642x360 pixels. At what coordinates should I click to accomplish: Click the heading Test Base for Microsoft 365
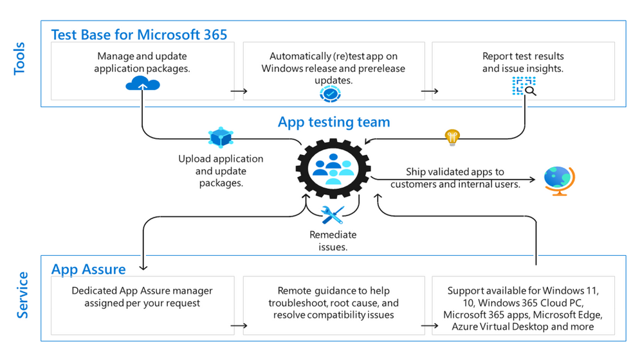pyautogui.click(x=139, y=34)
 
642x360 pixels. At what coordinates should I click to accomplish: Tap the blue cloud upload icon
pyautogui.click(x=142, y=84)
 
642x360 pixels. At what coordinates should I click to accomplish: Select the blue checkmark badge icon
pyautogui.click(x=330, y=94)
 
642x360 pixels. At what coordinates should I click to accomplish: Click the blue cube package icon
pyautogui.click(x=220, y=138)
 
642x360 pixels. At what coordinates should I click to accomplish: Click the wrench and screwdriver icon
pyautogui.click(x=333, y=215)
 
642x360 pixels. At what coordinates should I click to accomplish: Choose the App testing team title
pyautogui.click(x=333, y=122)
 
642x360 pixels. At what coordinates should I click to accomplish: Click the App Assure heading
pyautogui.click(x=88, y=268)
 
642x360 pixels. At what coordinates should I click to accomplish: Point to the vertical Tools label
pyautogui.click(x=19, y=59)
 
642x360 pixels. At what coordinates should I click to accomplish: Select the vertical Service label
pyautogui.click(x=21, y=295)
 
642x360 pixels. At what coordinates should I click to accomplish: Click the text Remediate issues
pyautogui.click(x=333, y=241)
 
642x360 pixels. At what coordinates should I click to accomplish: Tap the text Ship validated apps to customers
pyautogui.click(x=455, y=178)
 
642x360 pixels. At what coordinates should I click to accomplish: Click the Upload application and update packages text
pyautogui.click(x=221, y=170)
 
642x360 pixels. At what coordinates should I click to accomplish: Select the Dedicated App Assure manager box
pyautogui.click(x=142, y=305)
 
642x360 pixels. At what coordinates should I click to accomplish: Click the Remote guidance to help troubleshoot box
pyautogui.click(x=333, y=305)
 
